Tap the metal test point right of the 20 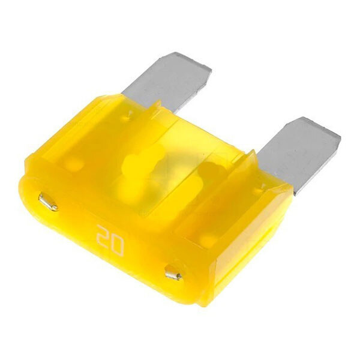(x=174, y=273)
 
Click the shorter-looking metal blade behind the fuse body (x=166, y=85)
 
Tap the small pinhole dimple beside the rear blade (x=129, y=115)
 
